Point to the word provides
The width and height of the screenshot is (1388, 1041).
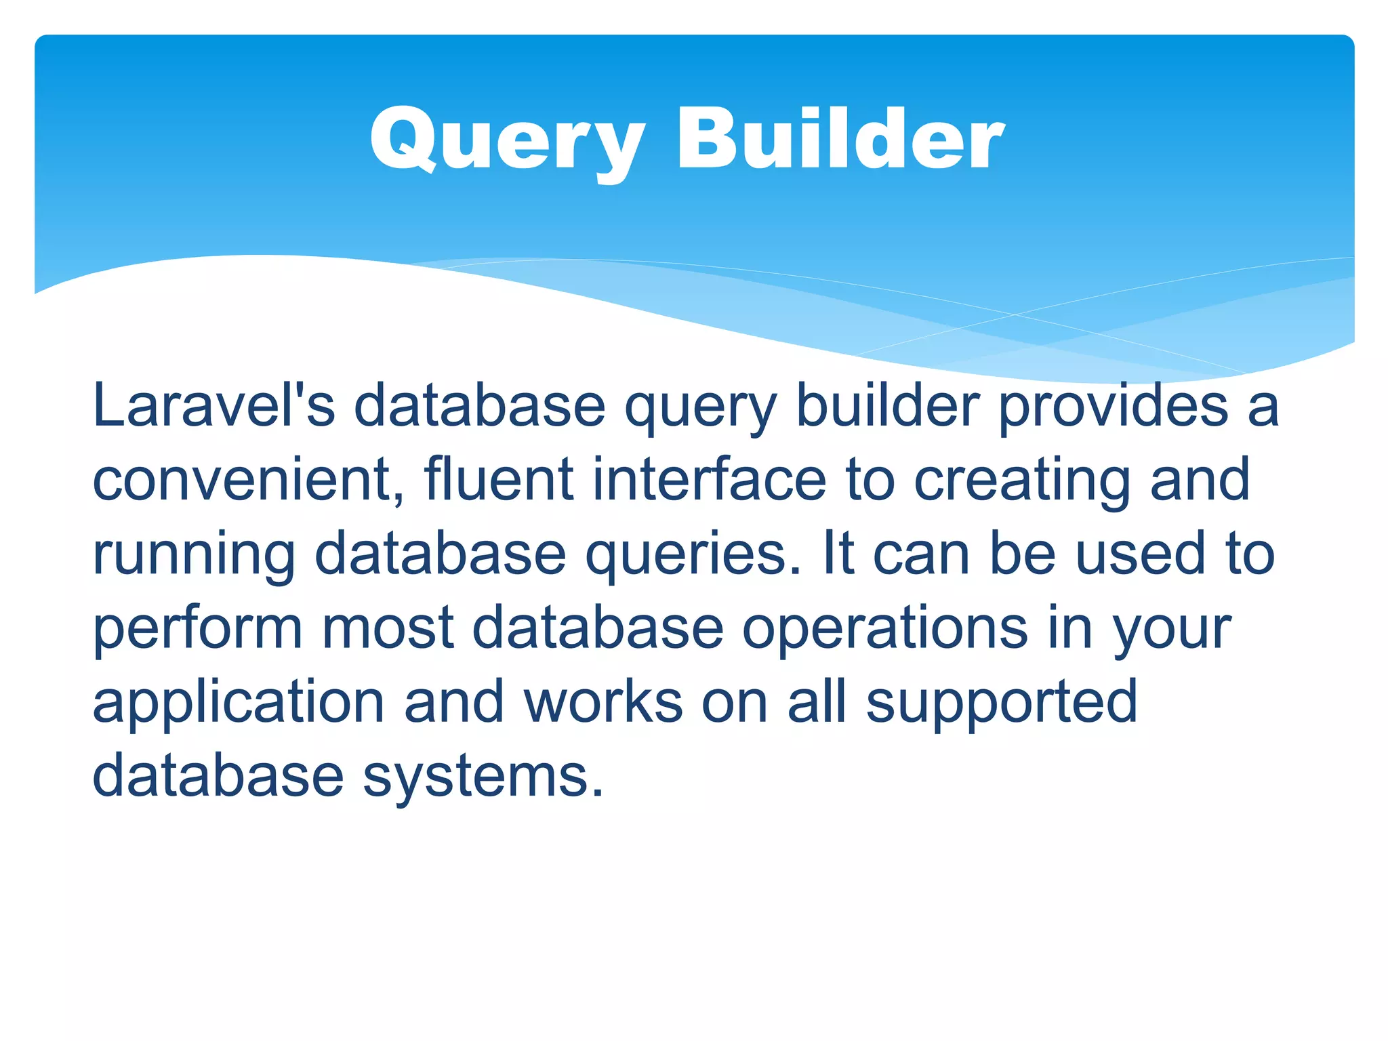1114,407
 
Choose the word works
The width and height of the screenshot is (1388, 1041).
603,701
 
